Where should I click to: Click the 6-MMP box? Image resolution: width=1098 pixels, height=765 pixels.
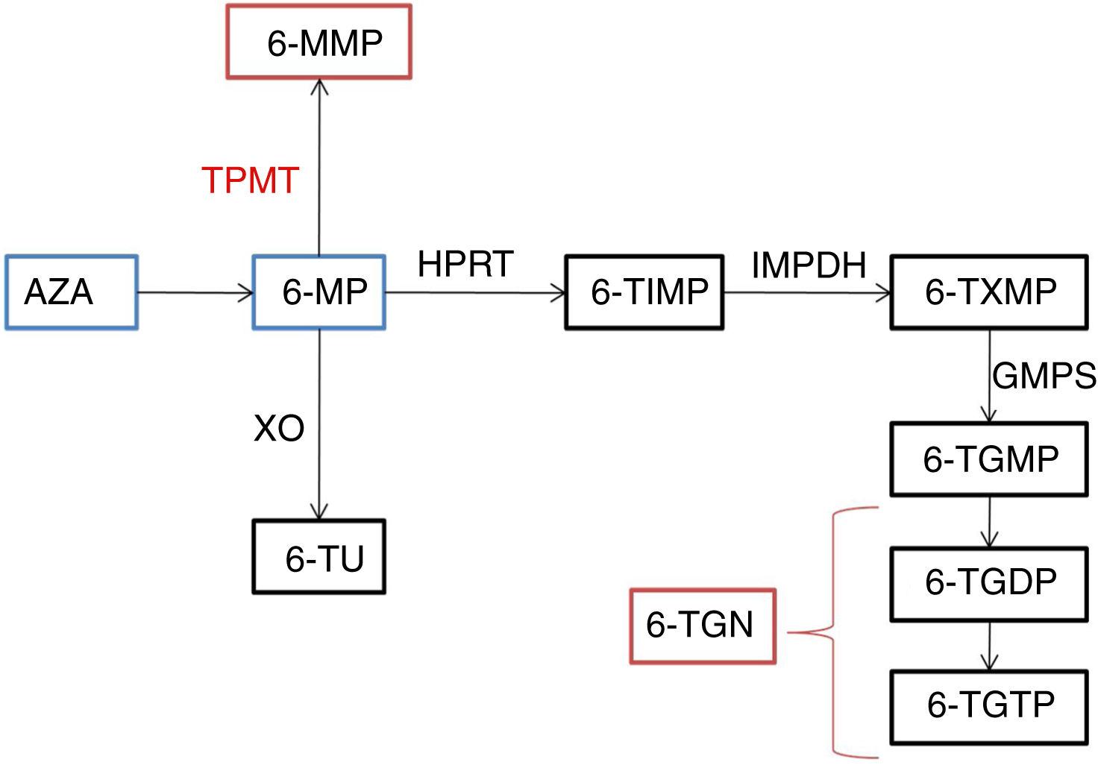click(x=319, y=42)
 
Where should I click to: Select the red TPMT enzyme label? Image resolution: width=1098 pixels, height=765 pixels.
click(x=251, y=180)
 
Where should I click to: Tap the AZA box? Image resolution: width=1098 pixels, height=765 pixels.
click(x=72, y=292)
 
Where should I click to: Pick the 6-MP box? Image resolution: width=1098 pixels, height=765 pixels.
click(x=319, y=292)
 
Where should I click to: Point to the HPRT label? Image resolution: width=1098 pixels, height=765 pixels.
click(x=465, y=264)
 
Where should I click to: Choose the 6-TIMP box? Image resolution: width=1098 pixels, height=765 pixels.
click(x=644, y=292)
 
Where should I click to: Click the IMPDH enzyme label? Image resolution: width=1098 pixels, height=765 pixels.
click(x=809, y=265)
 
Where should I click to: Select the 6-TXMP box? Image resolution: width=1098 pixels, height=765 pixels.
click(x=989, y=292)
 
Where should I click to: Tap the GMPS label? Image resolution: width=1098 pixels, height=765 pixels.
click(x=1044, y=377)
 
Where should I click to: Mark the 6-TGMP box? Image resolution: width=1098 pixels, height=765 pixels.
click(x=989, y=459)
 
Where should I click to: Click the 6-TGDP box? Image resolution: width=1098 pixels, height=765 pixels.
click(x=989, y=583)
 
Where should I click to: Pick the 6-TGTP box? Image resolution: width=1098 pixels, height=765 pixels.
click(x=989, y=705)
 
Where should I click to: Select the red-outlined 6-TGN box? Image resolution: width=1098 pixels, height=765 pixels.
click(x=703, y=626)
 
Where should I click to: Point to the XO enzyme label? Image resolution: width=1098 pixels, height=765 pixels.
click(x=279, y=429)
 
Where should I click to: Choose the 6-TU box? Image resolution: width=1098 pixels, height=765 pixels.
click(x=319, y=558)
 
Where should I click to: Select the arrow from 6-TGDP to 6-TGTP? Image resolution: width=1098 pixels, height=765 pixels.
click(x=990, y=646)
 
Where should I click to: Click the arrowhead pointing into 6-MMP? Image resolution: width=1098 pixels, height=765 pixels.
click(x=319, y=85)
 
